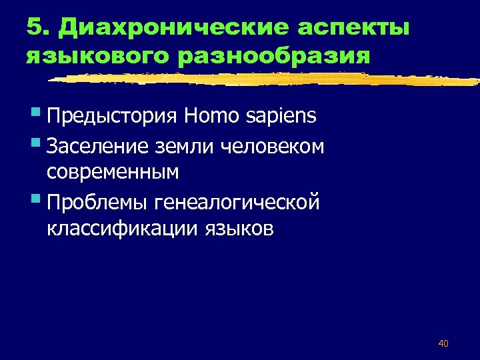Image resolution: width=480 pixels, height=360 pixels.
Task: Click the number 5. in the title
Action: pyautogui.click(x=39, y=28)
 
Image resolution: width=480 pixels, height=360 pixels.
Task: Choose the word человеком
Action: pyautogui.click(x=273, y=145)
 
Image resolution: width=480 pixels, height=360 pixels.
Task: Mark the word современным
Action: pyautogui.click(x=113, y=172)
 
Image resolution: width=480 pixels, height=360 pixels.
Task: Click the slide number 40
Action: pyautogui.click(x=443, y=343)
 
